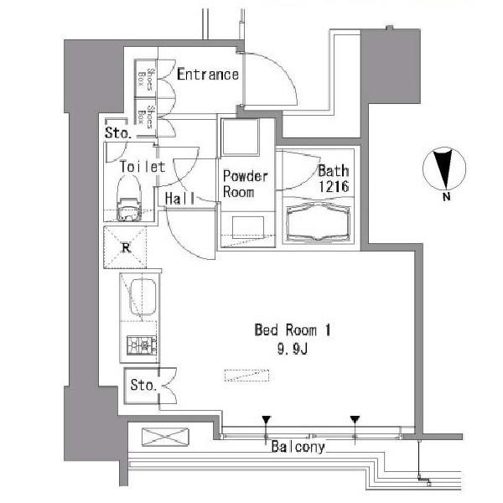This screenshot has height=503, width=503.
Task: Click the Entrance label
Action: pos(208,75)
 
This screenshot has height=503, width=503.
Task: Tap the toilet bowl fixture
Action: pos(128,200)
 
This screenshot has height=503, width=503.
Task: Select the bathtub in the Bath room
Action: pos(318,221)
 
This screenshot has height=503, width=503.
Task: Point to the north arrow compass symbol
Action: pos(444,169)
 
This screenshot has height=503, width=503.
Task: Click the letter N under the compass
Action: pos(446,197)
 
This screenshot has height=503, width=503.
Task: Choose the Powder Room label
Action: pos(245,184)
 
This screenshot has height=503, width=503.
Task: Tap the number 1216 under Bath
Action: pos(334,186)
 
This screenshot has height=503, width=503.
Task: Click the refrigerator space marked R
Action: pos(125,247)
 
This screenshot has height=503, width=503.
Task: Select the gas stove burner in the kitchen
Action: pos(142,345)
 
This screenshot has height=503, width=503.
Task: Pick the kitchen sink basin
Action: pos(143,297)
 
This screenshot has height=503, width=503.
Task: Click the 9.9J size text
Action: pos(293,350)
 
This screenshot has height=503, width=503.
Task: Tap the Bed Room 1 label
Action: pos(293,330)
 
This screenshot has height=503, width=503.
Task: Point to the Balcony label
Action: pos(298,447)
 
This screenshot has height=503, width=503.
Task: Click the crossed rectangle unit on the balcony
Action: pos(165,437)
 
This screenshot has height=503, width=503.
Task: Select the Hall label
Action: pos(179,199)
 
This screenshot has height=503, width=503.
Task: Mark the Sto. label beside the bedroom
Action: pos(143,385)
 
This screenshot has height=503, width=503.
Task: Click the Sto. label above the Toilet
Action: pos(118,132)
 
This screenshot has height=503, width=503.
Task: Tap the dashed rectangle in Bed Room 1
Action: pos(246,376)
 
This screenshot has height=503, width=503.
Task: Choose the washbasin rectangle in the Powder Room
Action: pos(248,227)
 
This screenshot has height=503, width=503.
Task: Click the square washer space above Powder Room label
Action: pos(241,137)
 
